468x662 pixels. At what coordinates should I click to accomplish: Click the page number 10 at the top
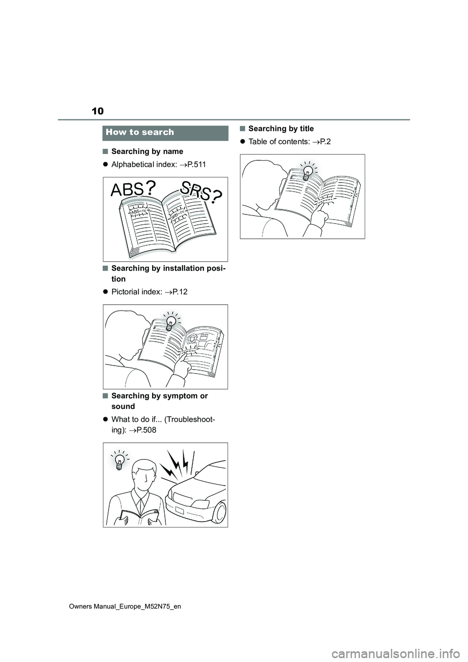tap(98, 111)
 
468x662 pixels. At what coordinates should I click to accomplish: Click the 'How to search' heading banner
tap(165, 133)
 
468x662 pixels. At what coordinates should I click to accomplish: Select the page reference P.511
tap(196, 164)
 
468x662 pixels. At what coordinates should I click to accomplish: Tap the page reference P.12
tap(179, 292)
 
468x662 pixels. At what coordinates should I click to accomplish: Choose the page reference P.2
tap(324, 141)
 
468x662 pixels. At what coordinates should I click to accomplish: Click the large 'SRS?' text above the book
tap(201, 192)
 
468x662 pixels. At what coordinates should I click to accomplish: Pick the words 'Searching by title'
tap(281, 129)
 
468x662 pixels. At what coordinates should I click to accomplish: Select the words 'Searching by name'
tap(147, 151)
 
